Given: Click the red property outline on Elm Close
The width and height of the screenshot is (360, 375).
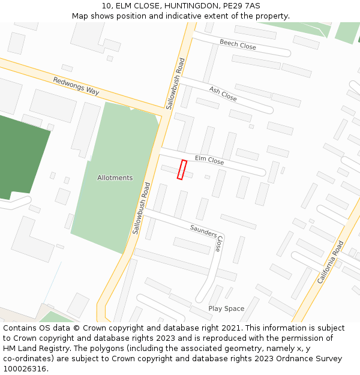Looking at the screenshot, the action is pyautogui.click(x=182, y=170).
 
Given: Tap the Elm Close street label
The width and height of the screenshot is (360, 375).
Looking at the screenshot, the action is pyautogui.click(x=209, y=161).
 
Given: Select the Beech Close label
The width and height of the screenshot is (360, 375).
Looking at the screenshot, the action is pyautogui.click(x=238, y=44).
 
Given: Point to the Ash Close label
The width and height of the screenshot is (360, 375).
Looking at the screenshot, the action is pyautogui.click(x=223, y=94).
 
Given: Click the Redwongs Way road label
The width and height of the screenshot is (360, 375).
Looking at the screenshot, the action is pyautogui.click(x=76, y=86).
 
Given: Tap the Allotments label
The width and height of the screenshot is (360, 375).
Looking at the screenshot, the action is pyautogui.click(x=115, y=178).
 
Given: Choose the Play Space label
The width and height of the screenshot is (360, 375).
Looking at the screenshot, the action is pyautogui.click(x=226, y=308).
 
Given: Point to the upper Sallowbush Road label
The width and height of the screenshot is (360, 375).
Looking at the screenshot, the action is pyautogui.click(x=175, y=83).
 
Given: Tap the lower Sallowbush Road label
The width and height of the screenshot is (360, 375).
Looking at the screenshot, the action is pyautogui.click(x=141, y=208).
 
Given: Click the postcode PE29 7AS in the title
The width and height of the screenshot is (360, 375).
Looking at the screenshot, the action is pyautogui.click(x=239, y=6).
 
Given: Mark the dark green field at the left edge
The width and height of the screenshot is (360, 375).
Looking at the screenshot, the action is pyautogui.click(x=21, y=156).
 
